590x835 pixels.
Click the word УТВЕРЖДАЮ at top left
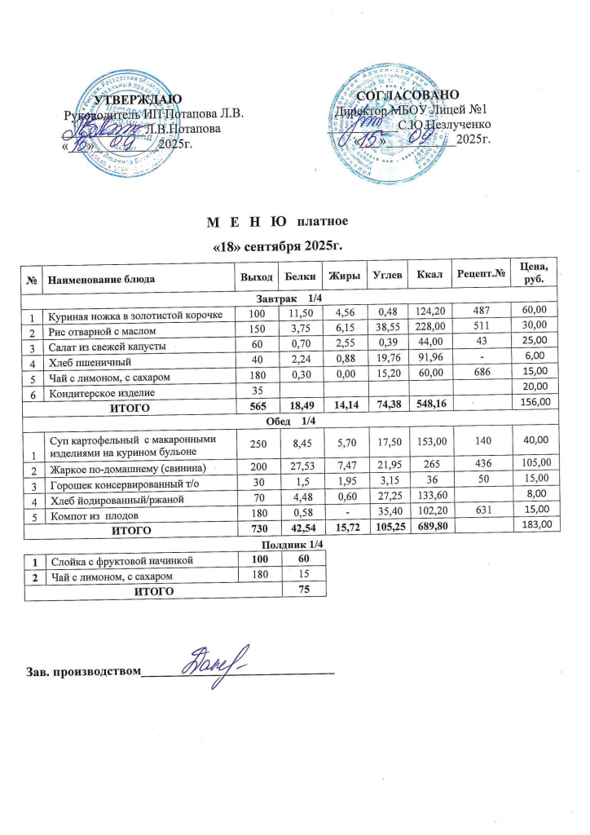point(134,99)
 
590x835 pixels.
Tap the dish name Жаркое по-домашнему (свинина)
point(125,468)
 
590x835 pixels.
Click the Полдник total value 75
point(302,592)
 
